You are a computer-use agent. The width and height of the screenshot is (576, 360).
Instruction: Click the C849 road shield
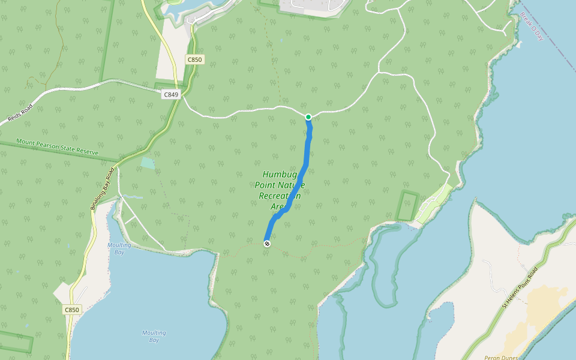coord(170,94)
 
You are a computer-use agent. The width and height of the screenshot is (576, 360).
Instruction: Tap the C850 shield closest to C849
coord(194,59)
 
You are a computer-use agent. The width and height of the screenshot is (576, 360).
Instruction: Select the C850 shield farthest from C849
coord(71,310)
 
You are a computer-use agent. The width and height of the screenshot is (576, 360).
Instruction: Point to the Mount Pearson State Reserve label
coord(57,148)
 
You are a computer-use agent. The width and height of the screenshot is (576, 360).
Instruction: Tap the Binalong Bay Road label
coord(102,188)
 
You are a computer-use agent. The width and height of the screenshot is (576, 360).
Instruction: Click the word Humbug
coord(280,174)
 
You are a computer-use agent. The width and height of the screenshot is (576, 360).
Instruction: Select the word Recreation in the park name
coord(280,196)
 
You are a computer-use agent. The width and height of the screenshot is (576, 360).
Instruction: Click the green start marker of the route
coord(308,117)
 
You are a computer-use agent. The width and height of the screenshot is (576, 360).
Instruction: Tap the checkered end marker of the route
coord(267,243)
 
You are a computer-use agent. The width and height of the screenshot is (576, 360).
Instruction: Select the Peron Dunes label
coord(500,357)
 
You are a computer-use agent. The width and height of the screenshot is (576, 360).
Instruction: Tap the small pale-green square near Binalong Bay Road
coord(147,163)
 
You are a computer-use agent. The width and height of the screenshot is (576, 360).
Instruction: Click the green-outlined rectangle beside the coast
coord(407,206)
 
